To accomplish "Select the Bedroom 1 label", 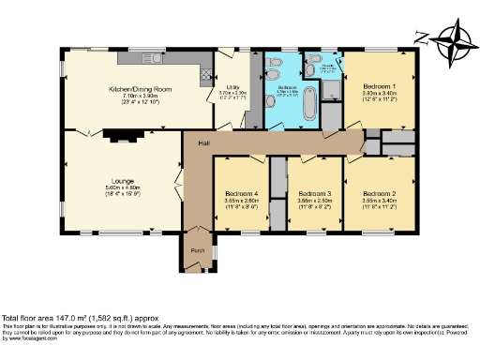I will pyautogui.click(x=380, y=86).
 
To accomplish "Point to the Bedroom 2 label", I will pyautogui.click(x=380, y=191).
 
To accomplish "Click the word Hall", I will pyautogui.click(x=203, y=142).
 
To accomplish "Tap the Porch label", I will pyautogui.click(x=198, y=251).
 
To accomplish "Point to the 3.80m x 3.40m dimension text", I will pyautogui.click(x=380, y=93).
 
